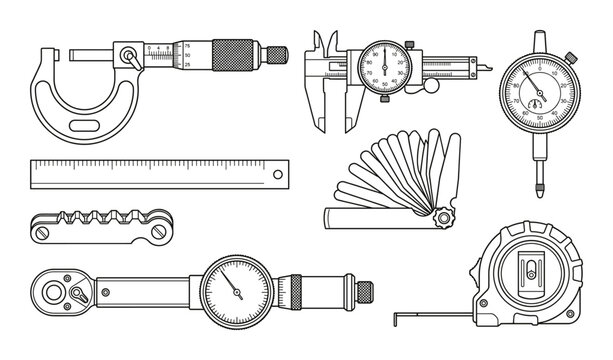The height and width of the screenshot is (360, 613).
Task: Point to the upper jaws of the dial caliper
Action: tap(322, 42)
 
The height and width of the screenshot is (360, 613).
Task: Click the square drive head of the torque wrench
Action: tap(59, 289)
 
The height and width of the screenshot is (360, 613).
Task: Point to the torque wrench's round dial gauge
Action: tap(233, 286)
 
